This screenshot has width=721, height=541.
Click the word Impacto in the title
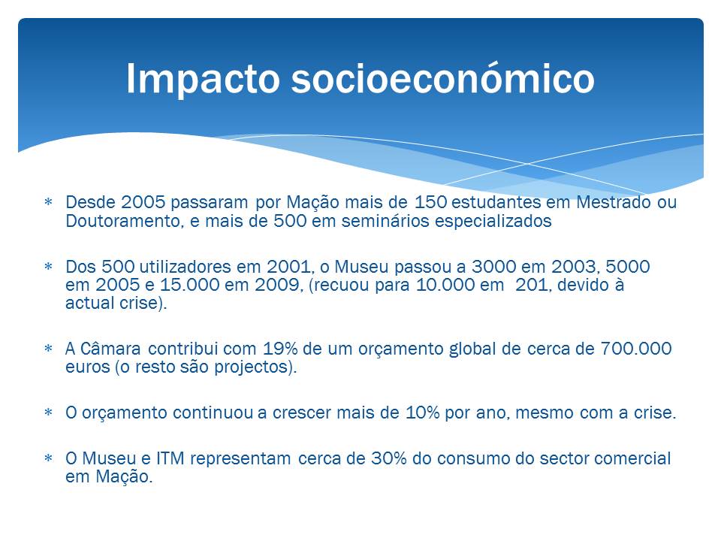pyautogui.click(x=203, y=79)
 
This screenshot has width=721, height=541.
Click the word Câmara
pyautogui.click(x=110, y=348)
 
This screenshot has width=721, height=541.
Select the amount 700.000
pyautogui.click(x=636, y=349)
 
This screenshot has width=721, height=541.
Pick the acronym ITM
pyautogui.click(x=170, y=458)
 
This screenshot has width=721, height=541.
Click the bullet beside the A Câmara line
pyautogui.click(x=48, y=349)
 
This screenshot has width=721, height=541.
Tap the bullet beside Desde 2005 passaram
pyautogui.click(x=48, y=202)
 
